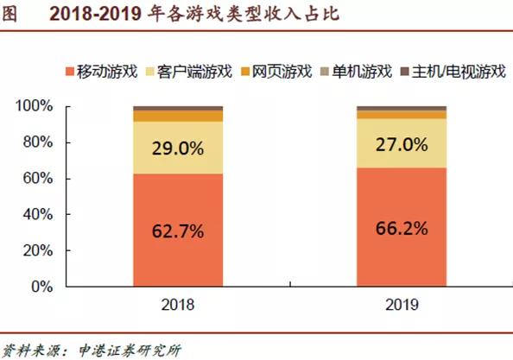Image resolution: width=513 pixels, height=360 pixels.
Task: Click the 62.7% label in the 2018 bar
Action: click(177, 231)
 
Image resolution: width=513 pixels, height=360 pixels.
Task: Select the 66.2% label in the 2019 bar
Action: click(402, 227)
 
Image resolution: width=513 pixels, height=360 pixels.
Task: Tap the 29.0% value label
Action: click(177, 148)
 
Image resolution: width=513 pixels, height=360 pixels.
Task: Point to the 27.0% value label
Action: click(402, 143)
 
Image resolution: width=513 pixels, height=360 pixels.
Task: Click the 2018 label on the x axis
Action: click(177, 305)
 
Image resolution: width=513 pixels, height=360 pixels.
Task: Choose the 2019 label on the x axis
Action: click(402, 305)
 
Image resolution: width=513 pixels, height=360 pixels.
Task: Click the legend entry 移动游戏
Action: click(100, 72)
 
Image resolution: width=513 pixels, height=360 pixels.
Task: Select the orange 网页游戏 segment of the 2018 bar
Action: click(177, 116)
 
